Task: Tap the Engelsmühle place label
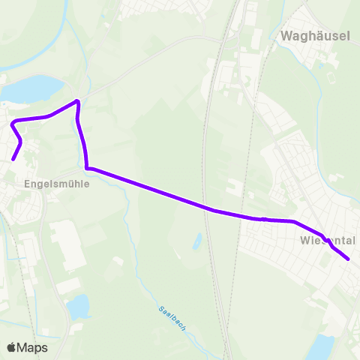click(x=56, y=182)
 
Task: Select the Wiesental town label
click(x=327, y=241)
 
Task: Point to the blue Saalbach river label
click(x=172, y=318)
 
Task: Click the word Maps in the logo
click(x=33, y=347)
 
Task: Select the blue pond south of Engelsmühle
click(x=78, y=306)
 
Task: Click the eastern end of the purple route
click(x=349, y=259)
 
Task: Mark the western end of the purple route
click(x=13, y=159)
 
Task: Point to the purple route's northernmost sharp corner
click(x=77, y=101)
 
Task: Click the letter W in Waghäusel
click(x=286, y=35)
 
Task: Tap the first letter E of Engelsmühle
click(x=28, y=182)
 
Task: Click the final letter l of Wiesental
click(x=354, y=241)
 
